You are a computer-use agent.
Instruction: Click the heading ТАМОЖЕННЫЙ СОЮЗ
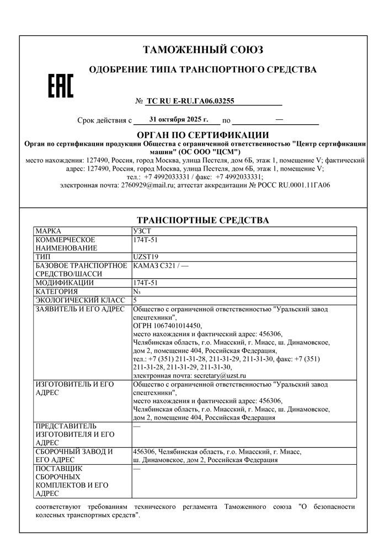point(203,50)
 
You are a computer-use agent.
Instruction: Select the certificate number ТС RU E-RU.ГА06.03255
point(190,101)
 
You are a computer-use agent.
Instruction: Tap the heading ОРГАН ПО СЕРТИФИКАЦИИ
point(202,135)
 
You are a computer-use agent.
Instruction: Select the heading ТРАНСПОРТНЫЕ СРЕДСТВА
point(202,220)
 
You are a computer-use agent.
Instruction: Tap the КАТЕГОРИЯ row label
point(56,291)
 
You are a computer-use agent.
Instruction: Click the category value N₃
point(137,291)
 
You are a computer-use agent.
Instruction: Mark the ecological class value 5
point(135,300)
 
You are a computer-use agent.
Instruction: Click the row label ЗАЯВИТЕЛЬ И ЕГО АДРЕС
point(79,309)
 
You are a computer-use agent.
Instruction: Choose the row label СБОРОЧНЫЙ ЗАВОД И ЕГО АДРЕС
point(74,456)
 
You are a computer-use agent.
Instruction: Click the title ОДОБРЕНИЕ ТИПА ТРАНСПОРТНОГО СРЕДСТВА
point(202,70)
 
